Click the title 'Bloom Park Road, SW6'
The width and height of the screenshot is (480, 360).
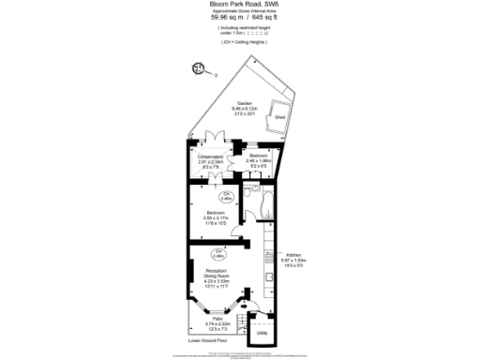[x=239, y=4]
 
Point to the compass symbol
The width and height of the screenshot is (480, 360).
[x=200, y=68]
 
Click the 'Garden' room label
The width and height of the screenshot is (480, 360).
[x=244, y=103]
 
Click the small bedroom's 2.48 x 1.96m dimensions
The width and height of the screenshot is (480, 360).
[x=258, y=160]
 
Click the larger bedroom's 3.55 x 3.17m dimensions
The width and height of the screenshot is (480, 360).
[x=217, y=218]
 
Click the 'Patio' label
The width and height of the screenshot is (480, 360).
[x=217, y=320]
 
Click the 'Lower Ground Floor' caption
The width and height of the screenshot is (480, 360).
[x=208, y=340]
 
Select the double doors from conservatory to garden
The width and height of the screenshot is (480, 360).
[x=211, y=142]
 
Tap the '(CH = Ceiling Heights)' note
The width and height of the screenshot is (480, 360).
[x=239, y=43]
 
